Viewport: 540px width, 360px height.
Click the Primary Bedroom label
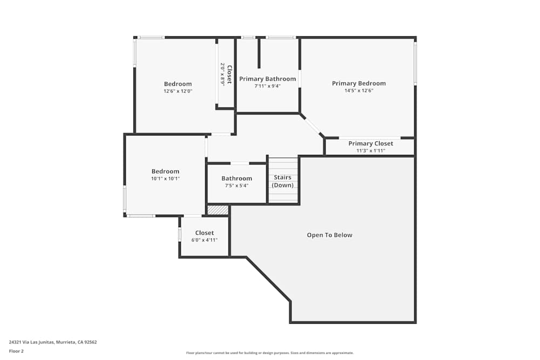click(359, 83)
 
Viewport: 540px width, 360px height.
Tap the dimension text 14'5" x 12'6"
click(359, 91)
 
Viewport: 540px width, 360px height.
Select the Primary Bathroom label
click(267, 79)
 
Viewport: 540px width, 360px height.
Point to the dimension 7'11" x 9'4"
click(267, 86)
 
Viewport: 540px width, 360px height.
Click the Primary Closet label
click(370, 144)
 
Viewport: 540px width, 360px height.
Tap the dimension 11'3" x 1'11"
click(370, 151)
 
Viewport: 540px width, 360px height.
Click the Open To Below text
click(329, 235)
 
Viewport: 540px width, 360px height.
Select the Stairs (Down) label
click(282, 181)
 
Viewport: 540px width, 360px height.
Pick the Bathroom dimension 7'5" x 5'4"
click(237, 186)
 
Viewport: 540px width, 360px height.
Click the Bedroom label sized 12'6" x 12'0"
click(178, 84)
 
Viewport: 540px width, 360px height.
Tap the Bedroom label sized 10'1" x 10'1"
click(165, 171)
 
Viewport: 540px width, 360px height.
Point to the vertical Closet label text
click(229, 74)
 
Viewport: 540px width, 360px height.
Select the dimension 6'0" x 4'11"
click(204, 240)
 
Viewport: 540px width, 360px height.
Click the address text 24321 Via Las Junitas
click(53, 342)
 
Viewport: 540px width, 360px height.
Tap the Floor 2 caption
click(16, 351)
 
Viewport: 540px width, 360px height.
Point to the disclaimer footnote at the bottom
click(270, 353)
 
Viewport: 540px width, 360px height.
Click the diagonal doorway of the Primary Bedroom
click(312, 125)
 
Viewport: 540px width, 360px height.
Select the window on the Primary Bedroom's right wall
click(415, 63)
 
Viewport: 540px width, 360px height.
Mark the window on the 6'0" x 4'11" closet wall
click(179, 235)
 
